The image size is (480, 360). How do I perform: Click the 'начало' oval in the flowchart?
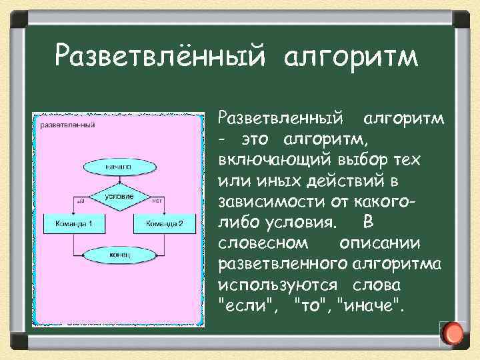tap(117, 164)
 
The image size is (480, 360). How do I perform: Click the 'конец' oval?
tap(117, 253)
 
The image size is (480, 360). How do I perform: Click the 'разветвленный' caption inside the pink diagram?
tap(67, 124)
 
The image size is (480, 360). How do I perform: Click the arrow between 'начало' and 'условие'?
tap(117, 178)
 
